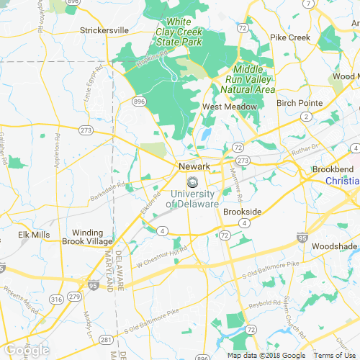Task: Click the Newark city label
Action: (x=194, y=166)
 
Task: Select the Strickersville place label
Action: (x=104, y=30)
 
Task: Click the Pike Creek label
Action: (x=289, y=37)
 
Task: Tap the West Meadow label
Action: (x=229, y=107)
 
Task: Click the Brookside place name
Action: (x=241, y=211)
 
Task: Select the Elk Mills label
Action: (x=34, y=235)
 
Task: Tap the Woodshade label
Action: (x=334, y=246)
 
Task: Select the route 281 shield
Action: (x=105, y=340)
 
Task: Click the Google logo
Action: (x=26, y=351)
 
